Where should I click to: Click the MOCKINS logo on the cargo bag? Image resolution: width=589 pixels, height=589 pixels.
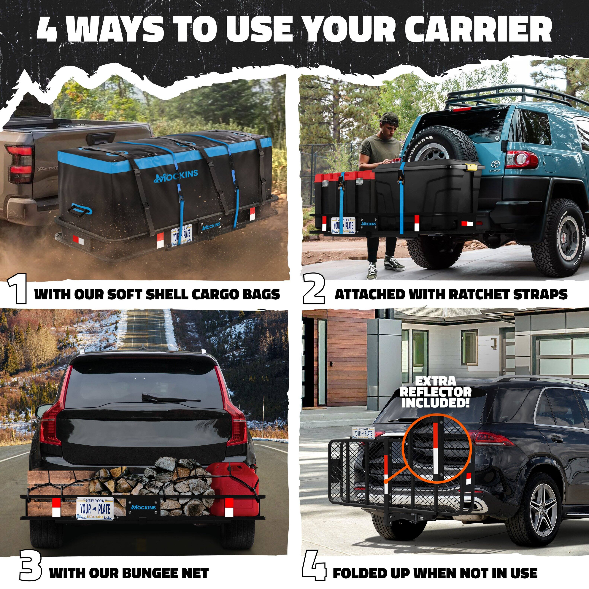pyautogui.click(x=176, y=176)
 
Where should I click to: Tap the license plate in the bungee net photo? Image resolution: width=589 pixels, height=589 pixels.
pyautogui.click(x=95, y=508)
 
